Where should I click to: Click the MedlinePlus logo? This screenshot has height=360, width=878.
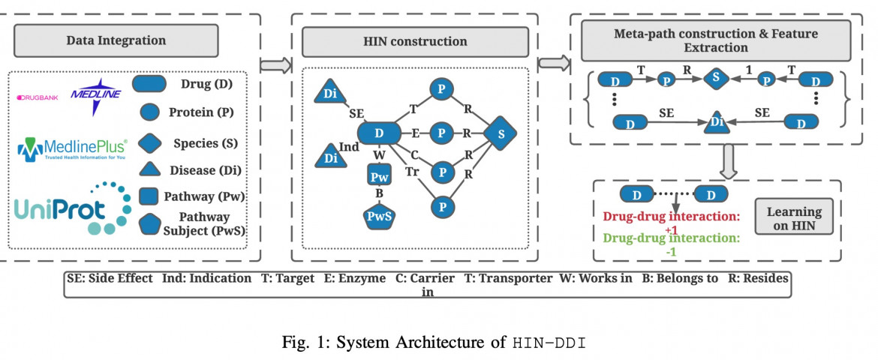coord(72,149)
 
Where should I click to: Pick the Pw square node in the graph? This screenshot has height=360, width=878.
coord(378,177)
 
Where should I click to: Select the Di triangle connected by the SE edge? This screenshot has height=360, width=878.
coord(331,93)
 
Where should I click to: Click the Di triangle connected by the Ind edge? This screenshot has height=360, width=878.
coord(331,157)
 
